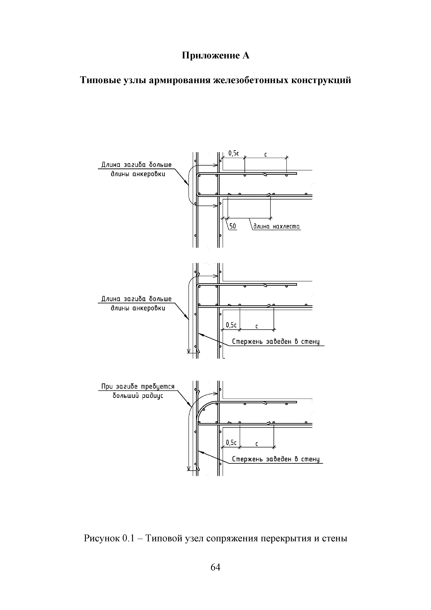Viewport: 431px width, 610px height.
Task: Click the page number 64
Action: coord(215,567)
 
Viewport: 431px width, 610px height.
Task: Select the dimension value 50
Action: coord(233,226)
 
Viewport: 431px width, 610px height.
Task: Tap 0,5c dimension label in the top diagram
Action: coord(234,153)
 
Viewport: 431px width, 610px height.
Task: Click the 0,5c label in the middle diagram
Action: coord(231,325)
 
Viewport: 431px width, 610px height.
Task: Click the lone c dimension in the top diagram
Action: coord(266,154)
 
